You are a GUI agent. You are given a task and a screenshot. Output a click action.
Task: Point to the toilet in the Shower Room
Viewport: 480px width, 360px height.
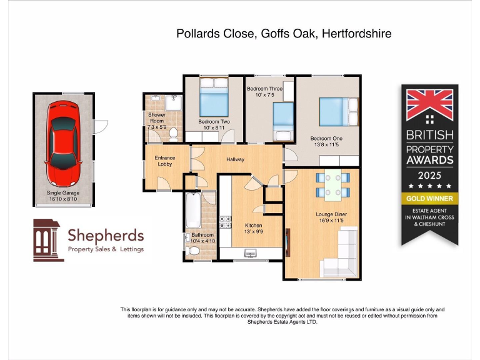(x=173, y=132)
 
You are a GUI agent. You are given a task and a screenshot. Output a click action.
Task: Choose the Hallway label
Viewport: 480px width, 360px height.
(x=235, y=160)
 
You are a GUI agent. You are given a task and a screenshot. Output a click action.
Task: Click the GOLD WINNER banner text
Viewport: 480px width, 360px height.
(x=429, y=199)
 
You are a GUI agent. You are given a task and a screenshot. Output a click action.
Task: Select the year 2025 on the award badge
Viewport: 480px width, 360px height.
(x=429, y=174)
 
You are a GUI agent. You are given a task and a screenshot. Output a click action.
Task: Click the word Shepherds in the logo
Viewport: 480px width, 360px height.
(x=105, y=236)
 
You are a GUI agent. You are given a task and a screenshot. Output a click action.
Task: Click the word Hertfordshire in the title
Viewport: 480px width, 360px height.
(x=356, y=34)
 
